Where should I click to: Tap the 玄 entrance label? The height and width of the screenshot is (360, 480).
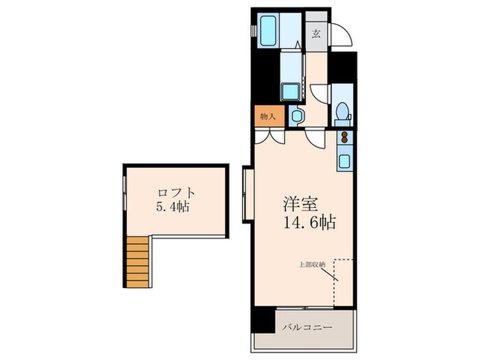point(316,32)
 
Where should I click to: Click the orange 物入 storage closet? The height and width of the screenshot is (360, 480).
point(267,117)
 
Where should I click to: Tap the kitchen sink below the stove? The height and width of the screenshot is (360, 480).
point(344,162)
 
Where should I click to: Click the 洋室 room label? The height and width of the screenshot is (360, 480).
point(302,204)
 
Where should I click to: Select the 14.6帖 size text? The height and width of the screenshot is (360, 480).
point(308,223)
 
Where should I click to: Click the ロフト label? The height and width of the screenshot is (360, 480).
point(176,193)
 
